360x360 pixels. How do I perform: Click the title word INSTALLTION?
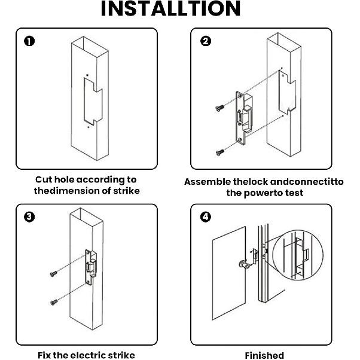[x=170, y=9]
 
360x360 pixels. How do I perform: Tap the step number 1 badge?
[x=29, y=41]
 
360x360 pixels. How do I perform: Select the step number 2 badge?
[x=205, y=41]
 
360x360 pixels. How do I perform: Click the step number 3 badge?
[x=29, y=216]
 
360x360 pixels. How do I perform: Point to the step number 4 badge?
[x=205, y=216]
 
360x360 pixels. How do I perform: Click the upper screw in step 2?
[x=218, y=108]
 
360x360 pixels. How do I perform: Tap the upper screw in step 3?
[x=53, y=274]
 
